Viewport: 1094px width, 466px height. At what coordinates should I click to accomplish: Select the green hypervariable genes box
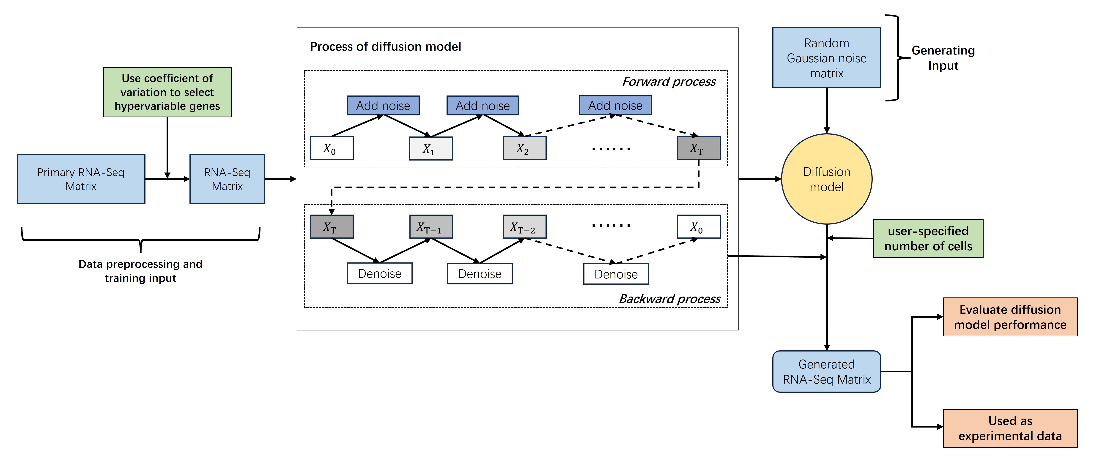click(x=167, y=92)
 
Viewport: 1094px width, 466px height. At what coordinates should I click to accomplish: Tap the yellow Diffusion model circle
click(x=826, y=179)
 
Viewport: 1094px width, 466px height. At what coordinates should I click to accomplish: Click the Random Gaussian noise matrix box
click(x=826, y=58)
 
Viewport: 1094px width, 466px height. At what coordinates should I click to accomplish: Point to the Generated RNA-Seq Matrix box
click(x=826, y=372)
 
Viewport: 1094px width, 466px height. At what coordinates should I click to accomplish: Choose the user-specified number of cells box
click(x=928, y=239)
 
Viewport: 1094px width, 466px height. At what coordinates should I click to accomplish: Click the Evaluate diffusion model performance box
click(x=1010, y=317)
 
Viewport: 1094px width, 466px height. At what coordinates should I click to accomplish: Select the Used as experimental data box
click(x=1010, y=428)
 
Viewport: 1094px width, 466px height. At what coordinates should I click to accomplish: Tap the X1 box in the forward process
click(x=431, y=149)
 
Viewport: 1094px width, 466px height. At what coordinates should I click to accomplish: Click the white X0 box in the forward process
click(x=331, y=148)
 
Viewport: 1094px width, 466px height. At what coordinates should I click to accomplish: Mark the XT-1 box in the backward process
click(x=431, y=227)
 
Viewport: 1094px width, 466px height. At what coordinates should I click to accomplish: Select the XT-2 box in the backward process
click(x=524, y=227)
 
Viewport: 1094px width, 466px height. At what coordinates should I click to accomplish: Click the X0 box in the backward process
click(x=698, y=227)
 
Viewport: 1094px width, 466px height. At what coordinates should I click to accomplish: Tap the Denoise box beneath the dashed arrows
click(x=616, y=274)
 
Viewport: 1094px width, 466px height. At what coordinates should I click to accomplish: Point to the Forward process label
click(x=669, y=82)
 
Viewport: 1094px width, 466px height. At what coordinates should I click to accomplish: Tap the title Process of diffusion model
click(x=385, y=47)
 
